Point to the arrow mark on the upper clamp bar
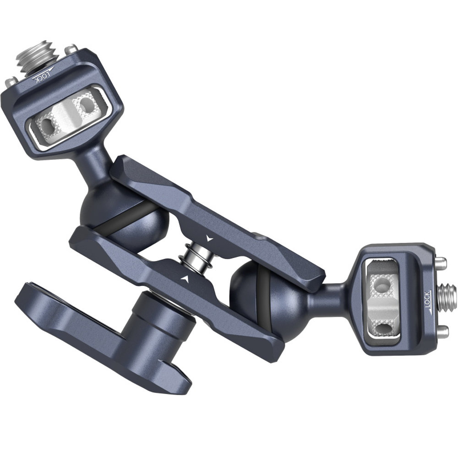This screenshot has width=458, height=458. (210, 239)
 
